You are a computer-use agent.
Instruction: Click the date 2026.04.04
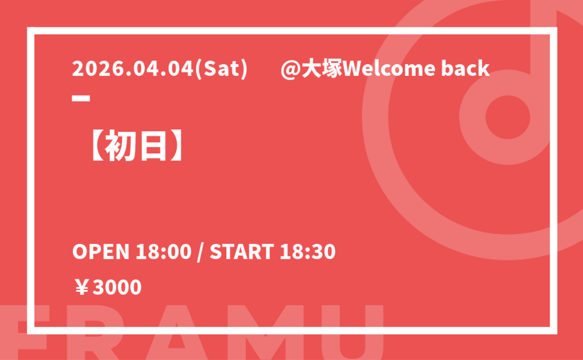[133, 69]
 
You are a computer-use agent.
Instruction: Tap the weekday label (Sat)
[221, 69]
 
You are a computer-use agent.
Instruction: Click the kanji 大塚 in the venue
[321, 69]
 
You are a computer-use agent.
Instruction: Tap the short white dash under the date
[81, 98]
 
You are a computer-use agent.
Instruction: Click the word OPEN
[101, 252]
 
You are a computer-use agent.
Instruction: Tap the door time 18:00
[163, 252]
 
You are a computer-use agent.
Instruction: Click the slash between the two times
[201, 252]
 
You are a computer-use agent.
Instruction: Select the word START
[242, 252]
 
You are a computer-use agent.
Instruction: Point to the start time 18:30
[307, 252]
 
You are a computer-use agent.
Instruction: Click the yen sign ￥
[82, 287]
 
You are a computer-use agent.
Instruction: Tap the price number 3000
[117, 287]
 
